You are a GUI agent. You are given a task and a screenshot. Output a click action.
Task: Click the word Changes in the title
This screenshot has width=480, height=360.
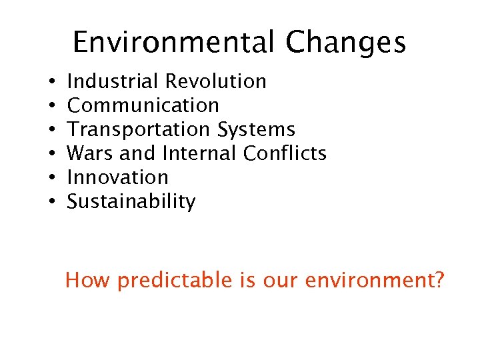point(345,43)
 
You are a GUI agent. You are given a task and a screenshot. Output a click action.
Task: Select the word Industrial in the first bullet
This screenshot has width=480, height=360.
point(113,81)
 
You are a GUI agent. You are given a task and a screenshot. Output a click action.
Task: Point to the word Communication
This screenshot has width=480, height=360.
point(143,105)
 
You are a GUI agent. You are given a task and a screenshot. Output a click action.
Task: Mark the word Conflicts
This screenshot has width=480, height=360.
point(285,153)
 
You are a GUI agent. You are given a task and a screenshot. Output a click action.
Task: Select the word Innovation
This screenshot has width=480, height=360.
point(118,177)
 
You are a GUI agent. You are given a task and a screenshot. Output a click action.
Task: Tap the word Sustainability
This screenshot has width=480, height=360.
point(131,201)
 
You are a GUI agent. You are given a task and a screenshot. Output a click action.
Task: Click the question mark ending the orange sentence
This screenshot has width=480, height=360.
point(437,280)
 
